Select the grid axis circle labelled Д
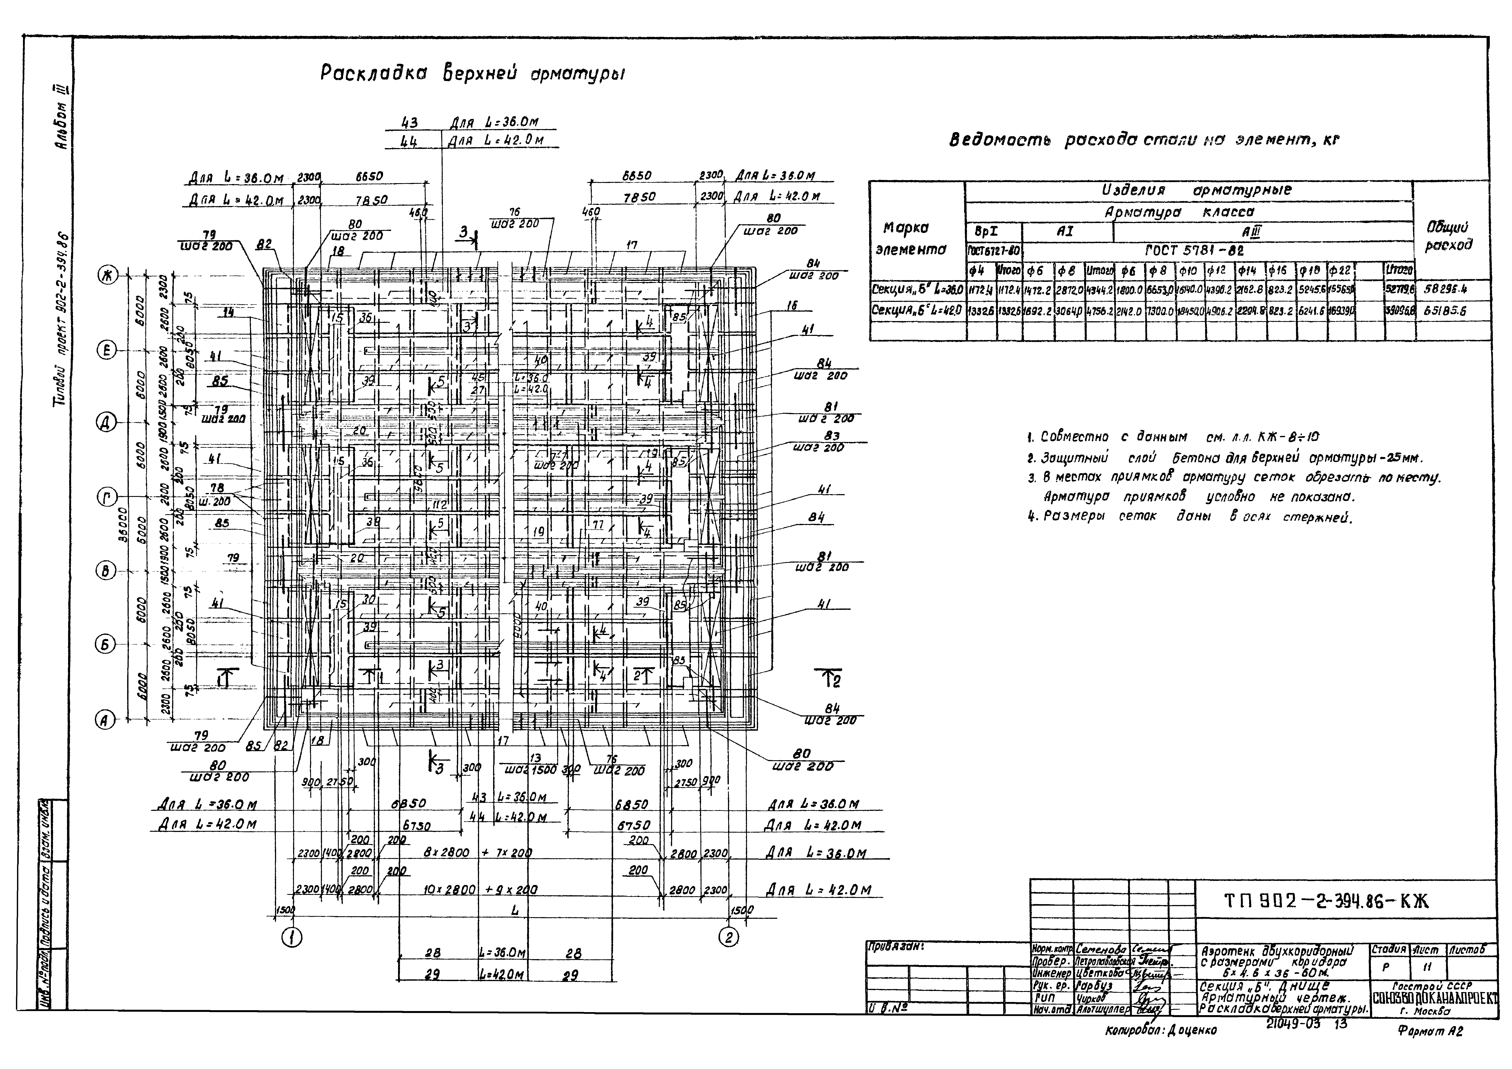105,423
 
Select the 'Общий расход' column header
1449,236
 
